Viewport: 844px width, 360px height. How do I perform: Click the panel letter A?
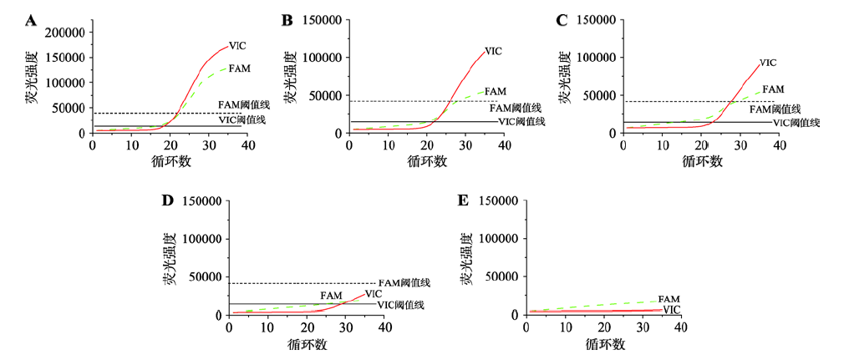[31, 19]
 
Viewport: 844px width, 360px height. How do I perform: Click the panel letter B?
[287, 19]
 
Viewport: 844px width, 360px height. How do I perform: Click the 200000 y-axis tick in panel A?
[65, 33]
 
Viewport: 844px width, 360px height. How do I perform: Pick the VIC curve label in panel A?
[237, 45]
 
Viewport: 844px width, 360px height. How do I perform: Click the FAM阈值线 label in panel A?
[244, 105]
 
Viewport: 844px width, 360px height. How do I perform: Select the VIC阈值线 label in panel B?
[521, 121]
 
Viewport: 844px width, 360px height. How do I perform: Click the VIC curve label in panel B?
[493, 51]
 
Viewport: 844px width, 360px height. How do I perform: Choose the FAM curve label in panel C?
[773, 89]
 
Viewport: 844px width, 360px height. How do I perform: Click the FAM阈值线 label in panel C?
[775, 109]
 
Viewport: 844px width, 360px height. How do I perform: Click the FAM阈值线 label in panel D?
[404, 283]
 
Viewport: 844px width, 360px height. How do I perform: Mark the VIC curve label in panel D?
[374, 294]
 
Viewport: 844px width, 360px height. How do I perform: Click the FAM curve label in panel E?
[669, 299]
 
